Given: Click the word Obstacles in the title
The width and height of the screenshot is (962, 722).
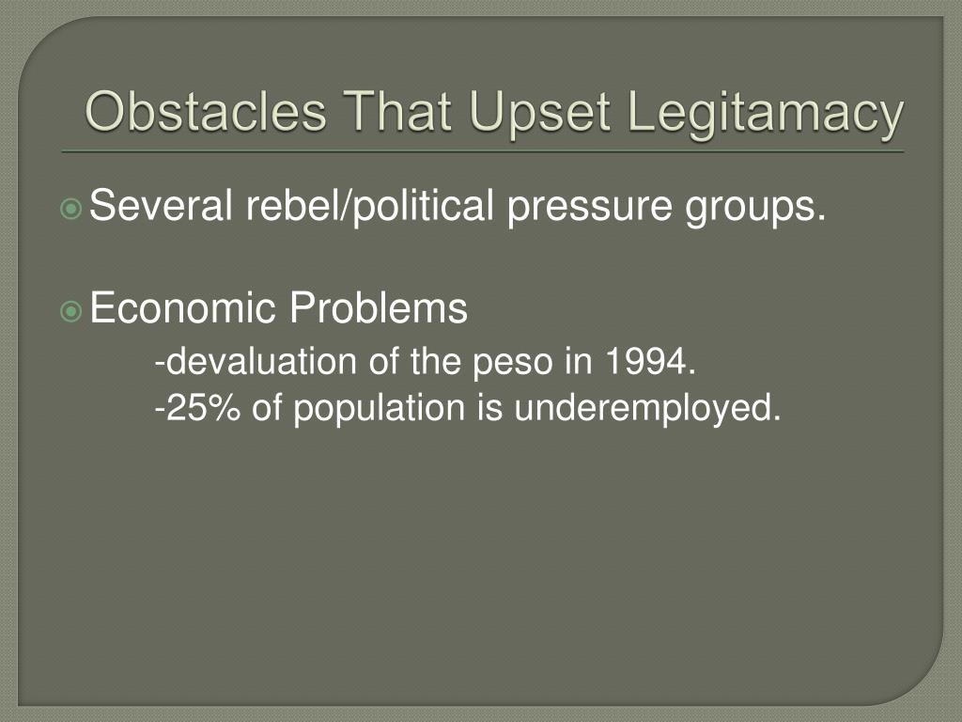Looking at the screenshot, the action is (x=206, y=112).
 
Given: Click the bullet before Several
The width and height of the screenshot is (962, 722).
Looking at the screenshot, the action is (x=71, y=209).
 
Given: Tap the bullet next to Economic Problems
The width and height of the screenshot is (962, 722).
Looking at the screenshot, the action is (x=71, y=312).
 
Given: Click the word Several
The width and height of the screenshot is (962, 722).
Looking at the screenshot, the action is (x=161, y=205).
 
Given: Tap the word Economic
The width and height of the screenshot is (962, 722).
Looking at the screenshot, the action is (x=183, y=307).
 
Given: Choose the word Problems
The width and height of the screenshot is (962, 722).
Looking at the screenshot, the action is (x=379, y=307).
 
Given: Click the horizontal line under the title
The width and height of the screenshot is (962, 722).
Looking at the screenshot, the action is (x=483, y=151).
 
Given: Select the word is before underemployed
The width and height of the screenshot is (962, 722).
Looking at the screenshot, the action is (x=489, y=408).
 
